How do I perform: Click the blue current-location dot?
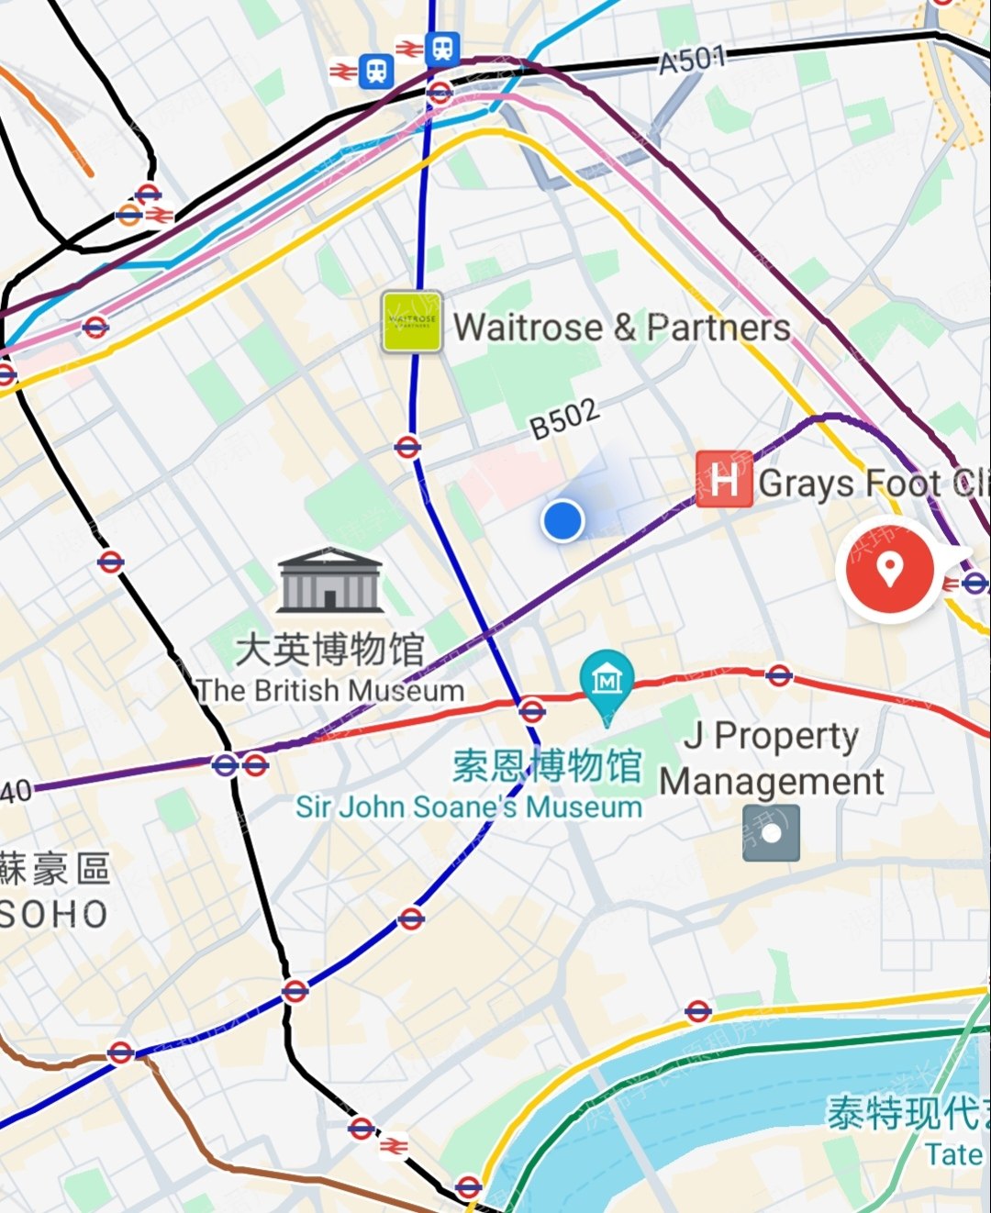pyautogui.click(x=562, y=520)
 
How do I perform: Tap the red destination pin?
pyautogui.click(x=888, y=569)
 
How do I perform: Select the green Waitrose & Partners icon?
pyautogui.click(x=412, y=322)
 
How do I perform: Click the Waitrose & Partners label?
pyautogui.click(x=622, y=328)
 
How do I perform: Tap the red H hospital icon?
pyautogui.click(x=724, y=478)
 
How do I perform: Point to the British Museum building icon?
pyautogui.click(x=329, y=581)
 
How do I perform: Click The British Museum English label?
pyautogui.click(x=330, y=690)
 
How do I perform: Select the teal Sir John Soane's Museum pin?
pyautogui.click(x=607, y=682)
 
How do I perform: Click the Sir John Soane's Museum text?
pyautogui.click(x=469, y=807)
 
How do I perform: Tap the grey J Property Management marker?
pyautogui.click(x=771, y=833)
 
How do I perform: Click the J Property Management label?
pyautogui.click(x=771, y=758)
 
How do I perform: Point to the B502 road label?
pyautogui.click(x=564, y=418)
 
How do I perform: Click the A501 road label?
pyautogui.click(x=692, y=61)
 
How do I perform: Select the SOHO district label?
pyautogui.click(x=54, y=914)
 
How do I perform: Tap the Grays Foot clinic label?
pyautogui.click(x=872, y=483)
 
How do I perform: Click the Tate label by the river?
pyautogui.click(x=952, y=1154)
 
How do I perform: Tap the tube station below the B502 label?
pyautogui.click(x=407, y=447)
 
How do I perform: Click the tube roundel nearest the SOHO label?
pyautogui.click(x=120, y=1052)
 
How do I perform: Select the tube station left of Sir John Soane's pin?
pyautogui.click(x=531, y=709)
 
